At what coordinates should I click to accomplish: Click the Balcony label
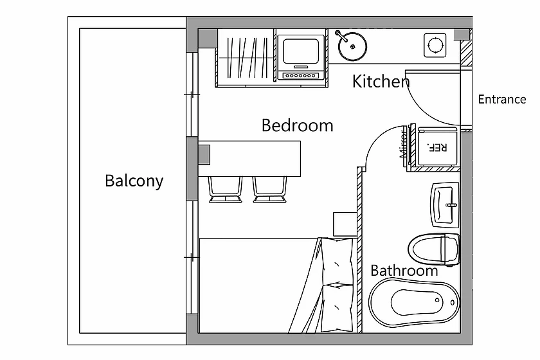pos(134,181)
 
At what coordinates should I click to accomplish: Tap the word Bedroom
pos(297,125)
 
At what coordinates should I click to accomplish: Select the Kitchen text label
pos(381,82)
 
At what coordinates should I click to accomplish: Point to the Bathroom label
pos(404,271)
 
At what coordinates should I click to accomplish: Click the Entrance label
pos(502,99)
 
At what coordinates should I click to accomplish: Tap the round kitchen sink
pos(352,46)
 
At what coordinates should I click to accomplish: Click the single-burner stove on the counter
pos(435,45)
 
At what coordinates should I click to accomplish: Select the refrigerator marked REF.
pos(437,147)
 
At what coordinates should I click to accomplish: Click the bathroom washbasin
pos(445,205)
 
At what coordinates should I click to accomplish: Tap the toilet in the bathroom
pos(434,249)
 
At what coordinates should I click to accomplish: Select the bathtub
pos(414,302)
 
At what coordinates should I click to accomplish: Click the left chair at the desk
pos(225,190)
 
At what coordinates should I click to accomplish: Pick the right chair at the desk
pos(270,190)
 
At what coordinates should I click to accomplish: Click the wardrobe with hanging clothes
pos(246,58)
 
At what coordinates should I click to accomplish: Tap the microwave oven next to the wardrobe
pos(301,57)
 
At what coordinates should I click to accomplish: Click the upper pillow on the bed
pos(337,261)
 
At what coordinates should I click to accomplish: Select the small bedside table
pos(345,224)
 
